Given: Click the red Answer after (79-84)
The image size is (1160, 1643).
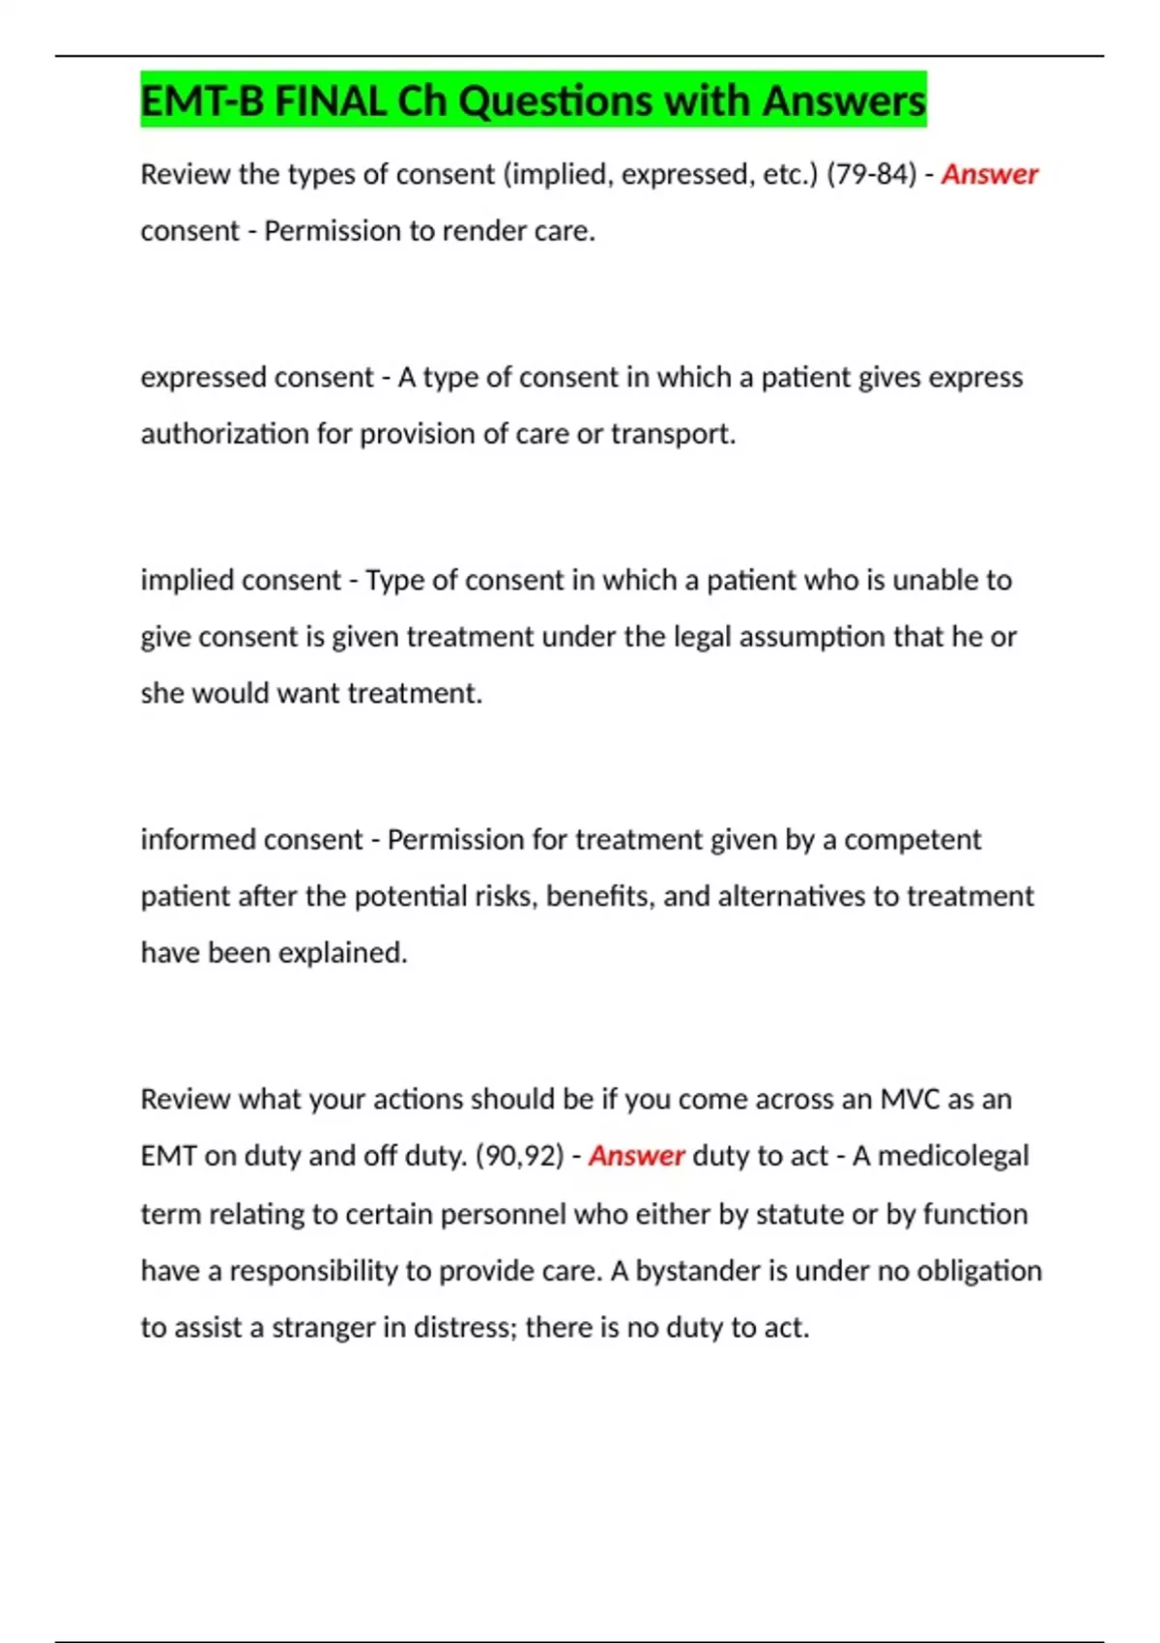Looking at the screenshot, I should click(x=989, y=174).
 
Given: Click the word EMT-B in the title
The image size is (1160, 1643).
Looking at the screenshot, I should click(x=202, y=101).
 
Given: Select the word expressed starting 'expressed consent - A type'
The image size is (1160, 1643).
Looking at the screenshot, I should click(x=204, y=377).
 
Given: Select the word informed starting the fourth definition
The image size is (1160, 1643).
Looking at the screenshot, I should click(x=198, y=840).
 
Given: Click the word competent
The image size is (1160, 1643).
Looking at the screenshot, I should click(x=913, y=840).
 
